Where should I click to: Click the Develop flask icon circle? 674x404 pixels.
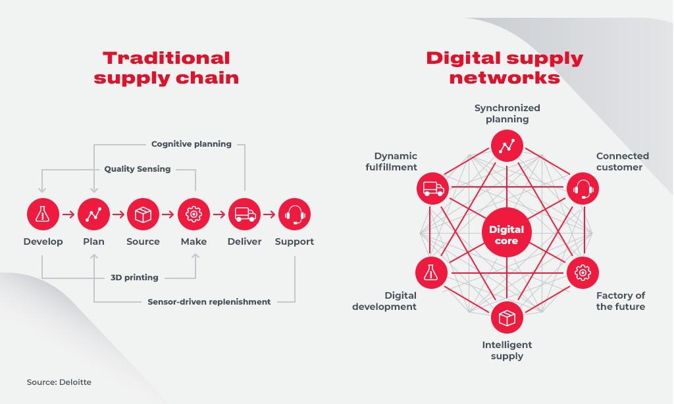point(43,214)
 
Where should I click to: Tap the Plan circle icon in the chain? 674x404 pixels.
point(93,214)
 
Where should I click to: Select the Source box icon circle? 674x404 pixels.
point(143,214)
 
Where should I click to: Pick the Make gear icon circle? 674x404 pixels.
point(194,214)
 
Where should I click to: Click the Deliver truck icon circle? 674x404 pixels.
point(244,214)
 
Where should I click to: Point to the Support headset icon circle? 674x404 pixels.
point(294,214)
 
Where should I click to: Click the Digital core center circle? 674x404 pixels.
point(507,235)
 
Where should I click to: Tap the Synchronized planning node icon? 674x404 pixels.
point(507,145)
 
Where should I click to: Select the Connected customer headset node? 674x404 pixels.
point(583,189)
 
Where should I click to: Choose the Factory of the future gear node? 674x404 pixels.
point(583,271)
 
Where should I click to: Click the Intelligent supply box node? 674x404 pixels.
point(507,318)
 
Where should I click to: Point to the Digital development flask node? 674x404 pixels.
point(432,271)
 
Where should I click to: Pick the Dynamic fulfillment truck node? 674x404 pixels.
point(432,189)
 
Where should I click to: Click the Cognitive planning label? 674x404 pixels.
point(192,143)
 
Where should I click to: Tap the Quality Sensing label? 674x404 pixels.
point(138,169)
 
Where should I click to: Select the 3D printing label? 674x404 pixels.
point(134,277)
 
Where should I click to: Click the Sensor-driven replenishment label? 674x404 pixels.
point(209,301)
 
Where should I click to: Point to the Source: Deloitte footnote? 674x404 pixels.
point(59,382)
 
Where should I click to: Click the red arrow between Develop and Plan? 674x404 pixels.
point(68,214)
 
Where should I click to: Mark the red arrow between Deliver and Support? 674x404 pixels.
point(269,214)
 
